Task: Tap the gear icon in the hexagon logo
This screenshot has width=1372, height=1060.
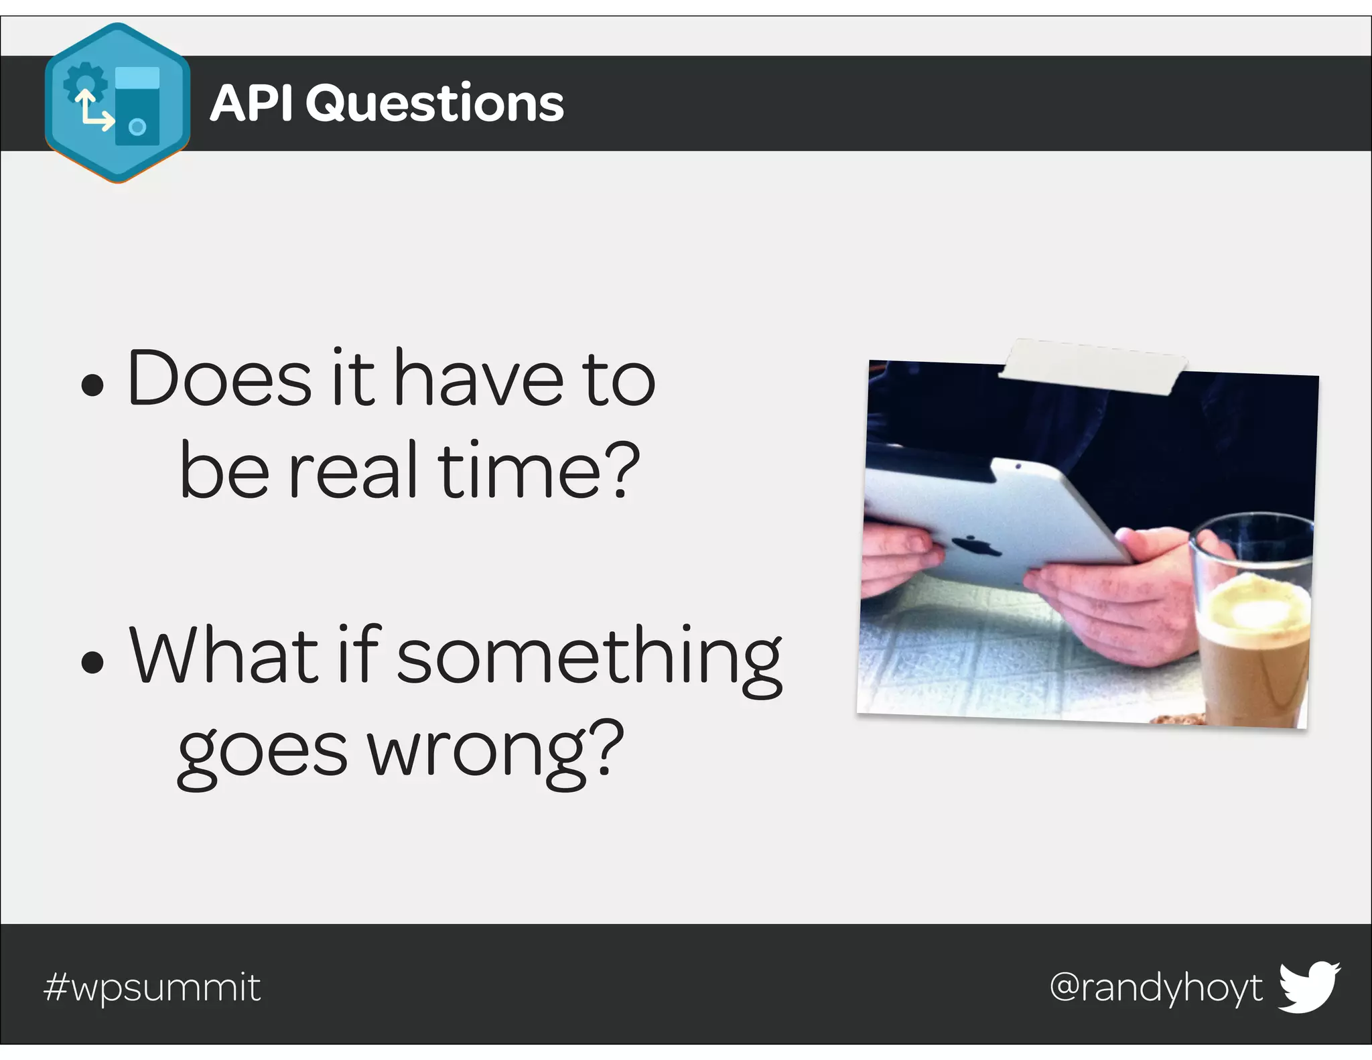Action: point(86,83)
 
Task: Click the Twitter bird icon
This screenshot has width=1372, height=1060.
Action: point(1309,987)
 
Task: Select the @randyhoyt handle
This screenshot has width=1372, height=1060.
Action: point(1156,988)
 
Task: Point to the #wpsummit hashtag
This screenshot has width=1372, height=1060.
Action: point(152,988)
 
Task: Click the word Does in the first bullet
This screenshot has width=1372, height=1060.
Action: point(219,378)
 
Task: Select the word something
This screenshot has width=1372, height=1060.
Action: point(590,659)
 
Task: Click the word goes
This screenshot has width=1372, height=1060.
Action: point(263,753)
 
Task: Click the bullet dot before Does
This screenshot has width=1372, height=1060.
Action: point(92,385)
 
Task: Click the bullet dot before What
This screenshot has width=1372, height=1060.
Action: point(92,662)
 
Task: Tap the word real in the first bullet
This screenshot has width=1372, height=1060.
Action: point(356,470)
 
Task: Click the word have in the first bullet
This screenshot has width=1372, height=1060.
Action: point(478,378)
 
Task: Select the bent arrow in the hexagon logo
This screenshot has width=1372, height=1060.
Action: point(93,113)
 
